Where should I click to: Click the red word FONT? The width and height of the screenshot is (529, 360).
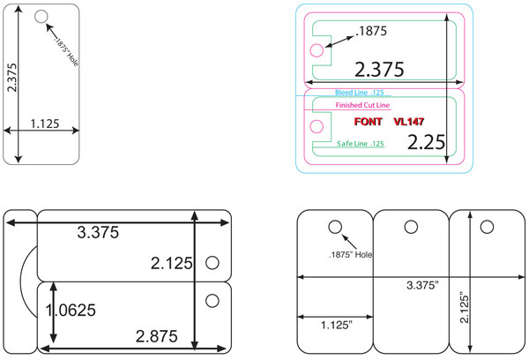point(368,122)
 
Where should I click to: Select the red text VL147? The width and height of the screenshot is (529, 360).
point(409,122)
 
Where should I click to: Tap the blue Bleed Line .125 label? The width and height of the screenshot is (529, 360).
point(360,93)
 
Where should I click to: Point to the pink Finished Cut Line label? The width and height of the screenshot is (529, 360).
point(362,105)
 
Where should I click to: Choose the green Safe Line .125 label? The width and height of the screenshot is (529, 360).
point(361,144)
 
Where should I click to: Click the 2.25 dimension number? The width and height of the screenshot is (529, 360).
point(427,142)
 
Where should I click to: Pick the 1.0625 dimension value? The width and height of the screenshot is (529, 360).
point(71,310)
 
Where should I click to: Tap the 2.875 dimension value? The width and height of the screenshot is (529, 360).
point(157,336)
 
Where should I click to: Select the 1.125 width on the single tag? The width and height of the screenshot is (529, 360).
point(45,124)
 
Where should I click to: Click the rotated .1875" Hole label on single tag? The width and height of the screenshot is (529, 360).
point(66,52)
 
